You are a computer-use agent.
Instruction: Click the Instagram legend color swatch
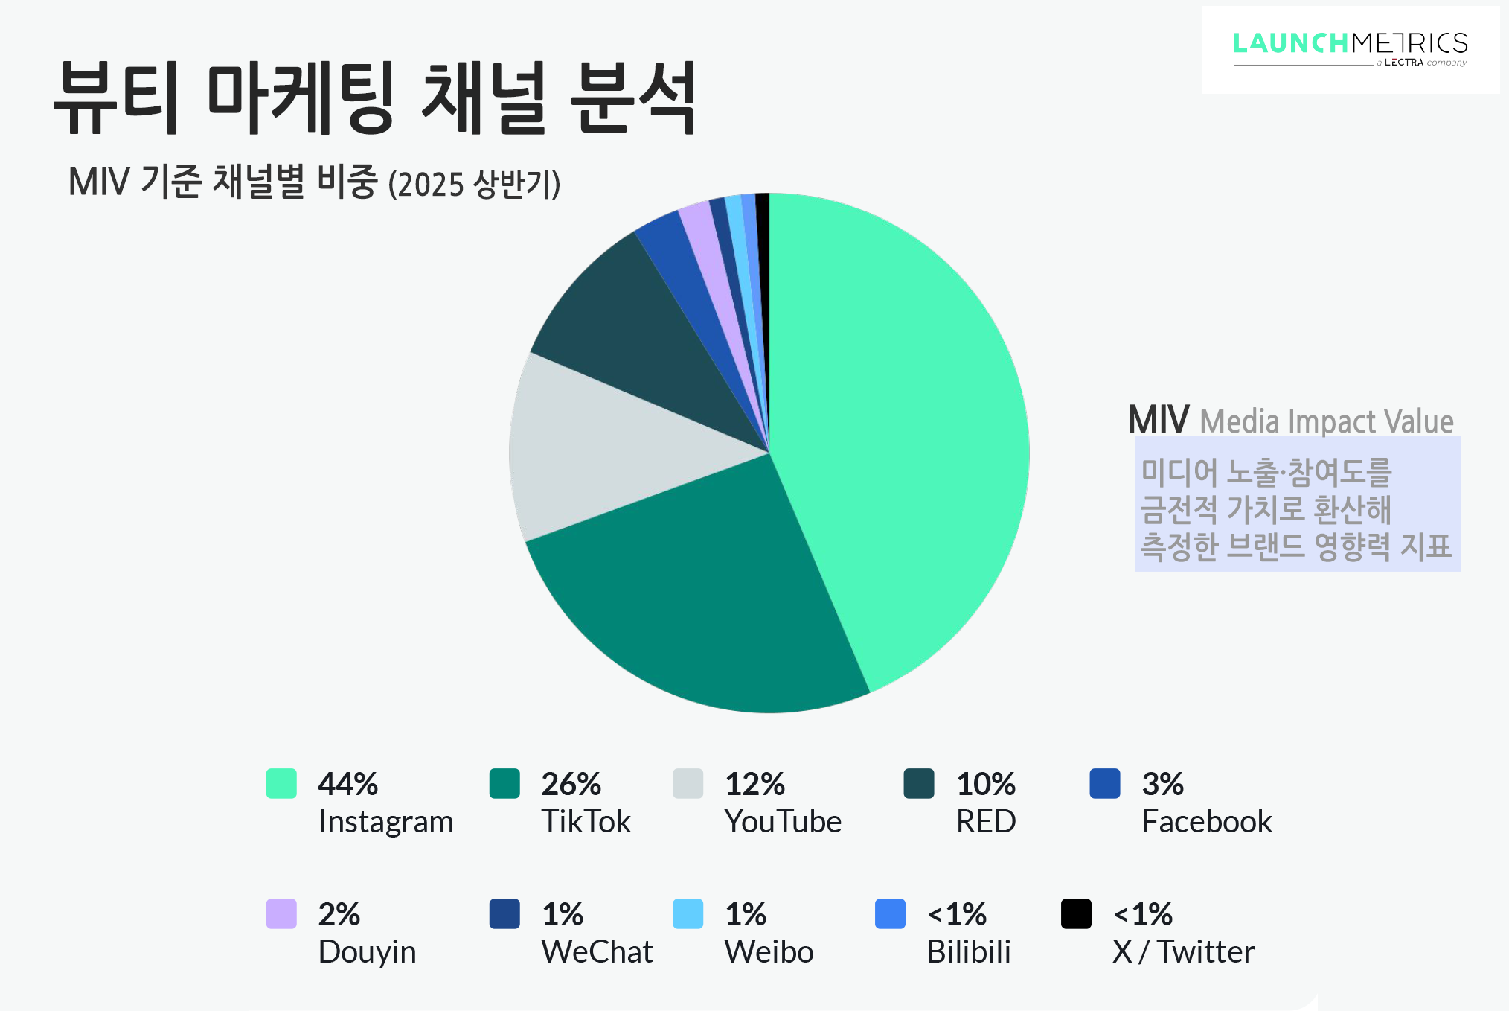(281, 783)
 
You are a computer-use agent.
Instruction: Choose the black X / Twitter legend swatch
(1076, 914)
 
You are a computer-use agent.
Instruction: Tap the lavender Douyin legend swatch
(281, 914)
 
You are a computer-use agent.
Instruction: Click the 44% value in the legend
(347, 784)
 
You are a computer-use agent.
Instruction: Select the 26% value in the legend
(571, 784)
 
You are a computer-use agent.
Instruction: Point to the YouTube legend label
(783, 822)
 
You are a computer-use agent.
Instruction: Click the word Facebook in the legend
(1206, 822)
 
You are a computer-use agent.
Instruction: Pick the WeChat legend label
(597, 952)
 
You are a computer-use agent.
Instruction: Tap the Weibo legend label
(769, 952)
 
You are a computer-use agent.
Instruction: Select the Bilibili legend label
(968, 952)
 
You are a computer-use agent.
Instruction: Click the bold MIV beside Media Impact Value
(1158, 420)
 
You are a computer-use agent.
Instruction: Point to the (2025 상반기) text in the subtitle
(474, 184)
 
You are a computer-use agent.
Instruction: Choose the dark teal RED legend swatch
(918, 783)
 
